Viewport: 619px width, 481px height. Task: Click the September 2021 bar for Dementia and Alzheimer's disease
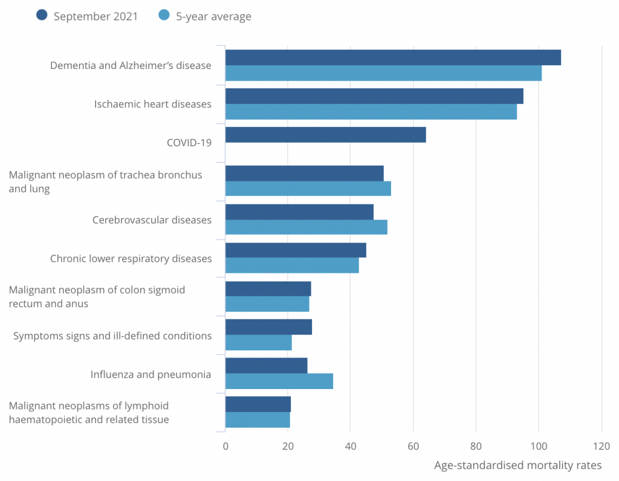[x=393, y=57]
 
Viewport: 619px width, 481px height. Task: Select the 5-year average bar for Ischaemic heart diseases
[x=371, y=112]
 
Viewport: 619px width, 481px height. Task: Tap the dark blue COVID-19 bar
[x=325, y=134]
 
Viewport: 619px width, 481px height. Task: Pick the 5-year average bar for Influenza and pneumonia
[x=279, y=381]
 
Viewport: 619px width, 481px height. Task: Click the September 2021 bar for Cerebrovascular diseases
[x=299, y=212]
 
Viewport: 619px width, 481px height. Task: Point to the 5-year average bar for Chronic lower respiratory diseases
[x=292, y=266]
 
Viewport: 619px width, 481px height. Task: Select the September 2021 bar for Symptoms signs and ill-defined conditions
[x=268, y=327]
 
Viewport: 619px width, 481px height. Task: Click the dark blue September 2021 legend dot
[x=42, y=16]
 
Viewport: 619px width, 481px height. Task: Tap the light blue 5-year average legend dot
[x=164, y=16]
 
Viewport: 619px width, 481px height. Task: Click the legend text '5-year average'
[x=213, y=16]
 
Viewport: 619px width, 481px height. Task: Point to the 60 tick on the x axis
[x=413, y=447]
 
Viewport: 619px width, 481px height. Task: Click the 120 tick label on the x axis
[x=601, y=447]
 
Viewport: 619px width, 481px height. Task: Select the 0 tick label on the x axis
[x=225, y=447]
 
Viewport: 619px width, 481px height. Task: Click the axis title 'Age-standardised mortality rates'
[x=518, y=465]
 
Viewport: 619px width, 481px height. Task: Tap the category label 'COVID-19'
[x=189, y=143]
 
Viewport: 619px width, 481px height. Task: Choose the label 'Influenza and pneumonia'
[x=151, y=374]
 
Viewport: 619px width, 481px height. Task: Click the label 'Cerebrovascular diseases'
[x=152, y=220]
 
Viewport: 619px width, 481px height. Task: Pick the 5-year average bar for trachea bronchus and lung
[x=308, y=189]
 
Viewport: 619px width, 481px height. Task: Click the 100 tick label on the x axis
[x=539, y=447]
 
